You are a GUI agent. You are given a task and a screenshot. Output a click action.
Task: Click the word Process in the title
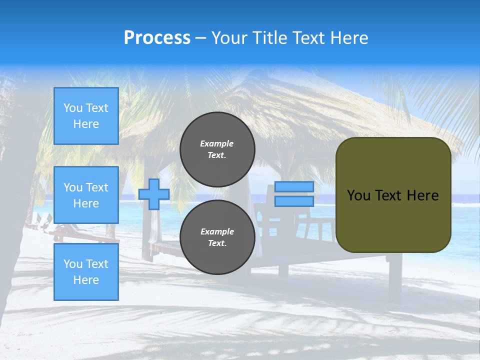point(157,38)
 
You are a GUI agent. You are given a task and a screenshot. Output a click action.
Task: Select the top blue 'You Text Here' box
point(86,116)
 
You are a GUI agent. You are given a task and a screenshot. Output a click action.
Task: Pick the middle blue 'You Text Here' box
point(86,195)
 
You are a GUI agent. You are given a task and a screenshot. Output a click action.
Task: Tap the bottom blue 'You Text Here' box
point(86,272)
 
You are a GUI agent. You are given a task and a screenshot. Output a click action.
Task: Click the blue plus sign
point(153,194)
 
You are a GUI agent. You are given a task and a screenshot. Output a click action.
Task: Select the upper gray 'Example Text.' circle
point(217,149)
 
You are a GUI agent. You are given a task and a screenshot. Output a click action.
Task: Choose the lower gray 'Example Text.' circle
point(217,237)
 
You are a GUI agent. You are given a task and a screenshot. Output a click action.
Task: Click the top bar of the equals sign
point(294,187)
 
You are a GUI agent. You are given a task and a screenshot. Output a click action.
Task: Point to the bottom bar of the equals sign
point(294,201)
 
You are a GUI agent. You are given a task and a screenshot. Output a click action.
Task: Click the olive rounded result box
point(393,220)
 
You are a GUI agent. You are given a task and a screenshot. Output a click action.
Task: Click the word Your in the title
point(228,38)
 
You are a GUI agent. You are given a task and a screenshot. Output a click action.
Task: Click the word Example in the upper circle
point(217,143)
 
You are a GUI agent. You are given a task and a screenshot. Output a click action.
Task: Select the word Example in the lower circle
point(217,231)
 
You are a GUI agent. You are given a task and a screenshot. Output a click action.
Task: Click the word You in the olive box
point(358,195)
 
